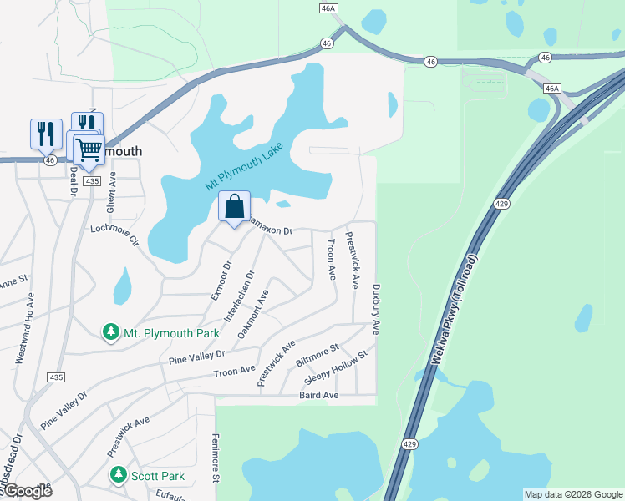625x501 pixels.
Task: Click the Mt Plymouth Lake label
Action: pos(245,167)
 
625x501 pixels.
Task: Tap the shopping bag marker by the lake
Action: pos(235,206)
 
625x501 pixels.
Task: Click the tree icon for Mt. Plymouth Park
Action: pos(111,333)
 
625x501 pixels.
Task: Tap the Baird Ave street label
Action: pos(318,395)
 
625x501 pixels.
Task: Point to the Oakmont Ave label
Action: pos(253,314)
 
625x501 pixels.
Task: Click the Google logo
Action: pos(28,491)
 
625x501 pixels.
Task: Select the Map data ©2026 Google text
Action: pos(572,494)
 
